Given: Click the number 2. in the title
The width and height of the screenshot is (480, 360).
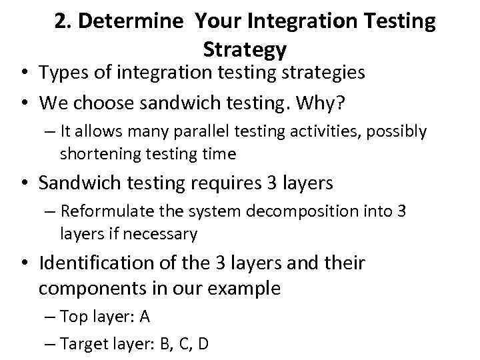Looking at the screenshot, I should click(x=63, y=22).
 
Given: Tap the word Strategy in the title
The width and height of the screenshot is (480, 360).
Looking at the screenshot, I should click(x=245, y=49).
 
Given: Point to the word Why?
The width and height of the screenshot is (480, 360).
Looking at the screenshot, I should click(x=332, y=103).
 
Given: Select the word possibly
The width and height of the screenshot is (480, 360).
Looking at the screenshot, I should click(x=394, y=131).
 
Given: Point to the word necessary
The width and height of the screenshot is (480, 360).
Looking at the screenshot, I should click(x=166, y=234).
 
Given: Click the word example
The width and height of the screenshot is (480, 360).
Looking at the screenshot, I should click(x=247, y=288).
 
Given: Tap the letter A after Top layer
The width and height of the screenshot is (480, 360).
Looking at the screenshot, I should click(x=145, y=317).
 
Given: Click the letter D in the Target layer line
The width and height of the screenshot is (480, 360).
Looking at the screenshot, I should click(x=203, y=343).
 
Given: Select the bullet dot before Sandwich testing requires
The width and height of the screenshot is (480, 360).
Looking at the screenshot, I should click(x=26, y=183).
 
